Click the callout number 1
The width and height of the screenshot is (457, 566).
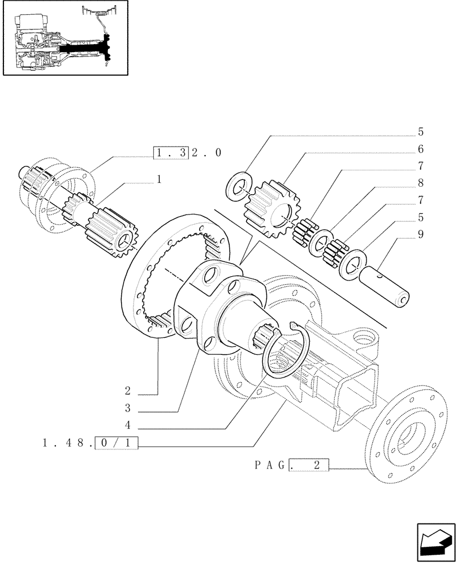pos(159,179)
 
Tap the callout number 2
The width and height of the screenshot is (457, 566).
pos(128,391)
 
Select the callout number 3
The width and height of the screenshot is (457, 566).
pos(128,408)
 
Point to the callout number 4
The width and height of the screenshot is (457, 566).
pos(128,426)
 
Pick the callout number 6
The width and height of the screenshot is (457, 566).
pos(420,149)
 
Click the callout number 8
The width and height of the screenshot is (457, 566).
pos(420,183)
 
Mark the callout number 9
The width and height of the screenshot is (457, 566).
pos(420,233)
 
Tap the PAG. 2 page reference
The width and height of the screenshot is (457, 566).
pos(291,466)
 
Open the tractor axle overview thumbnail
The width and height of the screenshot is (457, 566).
pos(66,37)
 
